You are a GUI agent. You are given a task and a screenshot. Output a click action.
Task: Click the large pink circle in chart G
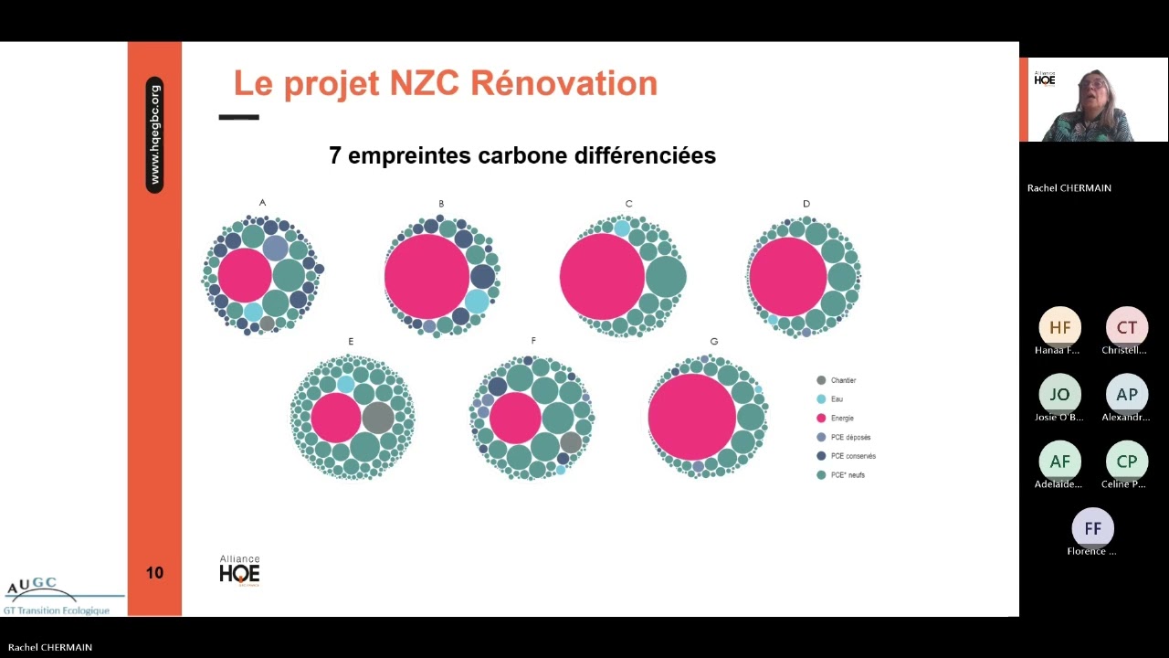click(x=692, y=416)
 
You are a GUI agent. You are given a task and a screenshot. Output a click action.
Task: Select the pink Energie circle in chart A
click(x=245, y=275)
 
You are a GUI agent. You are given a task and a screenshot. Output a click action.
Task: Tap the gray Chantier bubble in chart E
click(x=377, y=418)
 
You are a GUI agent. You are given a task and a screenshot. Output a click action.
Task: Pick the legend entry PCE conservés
click(x=846, y=456)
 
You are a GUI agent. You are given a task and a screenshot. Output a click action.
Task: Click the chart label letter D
click(x=806, y=204)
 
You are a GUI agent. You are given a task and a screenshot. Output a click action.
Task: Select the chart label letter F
click(x=533, y=341)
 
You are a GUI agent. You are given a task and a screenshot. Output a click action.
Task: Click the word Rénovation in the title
click(x=563, y=83)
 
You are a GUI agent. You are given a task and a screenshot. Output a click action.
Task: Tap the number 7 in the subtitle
click(x=335, y=156)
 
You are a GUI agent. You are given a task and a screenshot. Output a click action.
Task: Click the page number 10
click(x=154, y=573)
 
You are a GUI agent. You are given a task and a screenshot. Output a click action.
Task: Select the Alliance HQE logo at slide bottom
click(x=239, y=570)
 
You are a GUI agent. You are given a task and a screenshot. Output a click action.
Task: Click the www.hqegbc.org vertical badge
click(x=154, y=134)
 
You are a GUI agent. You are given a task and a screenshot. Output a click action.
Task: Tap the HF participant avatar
click(x=1059, y=327)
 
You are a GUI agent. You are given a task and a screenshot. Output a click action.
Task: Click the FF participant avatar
click(x=1092, y=528)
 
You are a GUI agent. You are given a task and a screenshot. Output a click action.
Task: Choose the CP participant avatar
click(x=1126, y=462)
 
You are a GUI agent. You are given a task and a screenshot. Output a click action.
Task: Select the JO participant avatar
click(x=1059, y=395)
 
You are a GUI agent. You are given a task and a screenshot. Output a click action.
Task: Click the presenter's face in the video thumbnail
click(x=1094, y=90)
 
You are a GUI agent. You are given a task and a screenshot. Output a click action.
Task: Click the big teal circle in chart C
click(x=666, y=277)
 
